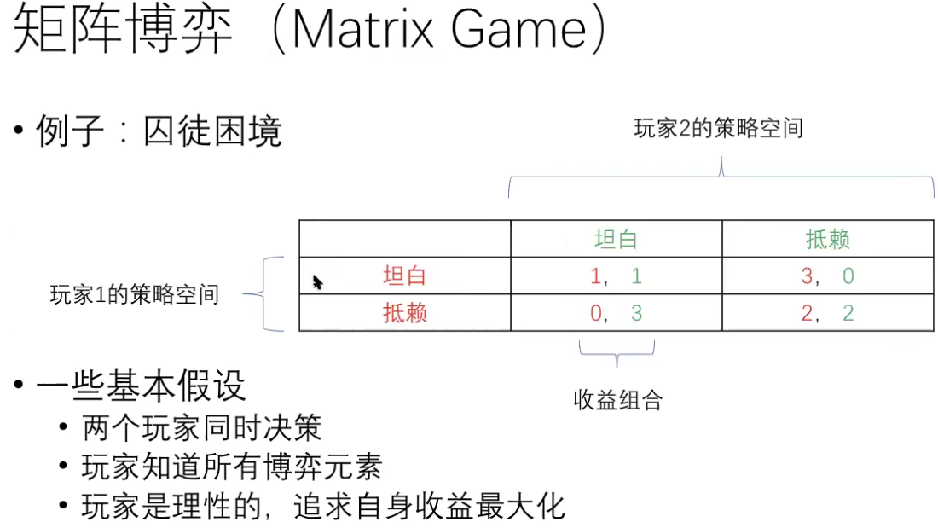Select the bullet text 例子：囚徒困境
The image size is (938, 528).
point(159,132)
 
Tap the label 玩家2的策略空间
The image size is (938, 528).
point(719,129)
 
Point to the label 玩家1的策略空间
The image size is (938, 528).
point(135,295)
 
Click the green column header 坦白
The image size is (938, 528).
point(616,240)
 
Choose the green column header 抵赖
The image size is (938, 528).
point(827,240)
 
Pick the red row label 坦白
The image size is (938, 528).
point(404,276)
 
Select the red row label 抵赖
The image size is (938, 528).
point(404,313)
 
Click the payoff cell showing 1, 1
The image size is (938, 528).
point(616,276)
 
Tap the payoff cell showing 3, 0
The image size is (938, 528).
point(827,276)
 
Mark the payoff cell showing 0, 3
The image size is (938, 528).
point(616,313)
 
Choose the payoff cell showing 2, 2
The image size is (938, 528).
point(827,313)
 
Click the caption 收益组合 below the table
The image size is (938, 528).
point(618,400)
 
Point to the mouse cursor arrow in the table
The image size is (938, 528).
point(317,281)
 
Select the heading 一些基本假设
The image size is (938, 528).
point(141,386)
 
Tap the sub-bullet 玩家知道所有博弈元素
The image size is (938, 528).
point(231,467)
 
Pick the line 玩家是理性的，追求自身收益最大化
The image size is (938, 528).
point(323,507)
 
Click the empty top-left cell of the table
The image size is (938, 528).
point(404,240)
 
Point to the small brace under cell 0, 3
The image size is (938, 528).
point(617,350)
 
